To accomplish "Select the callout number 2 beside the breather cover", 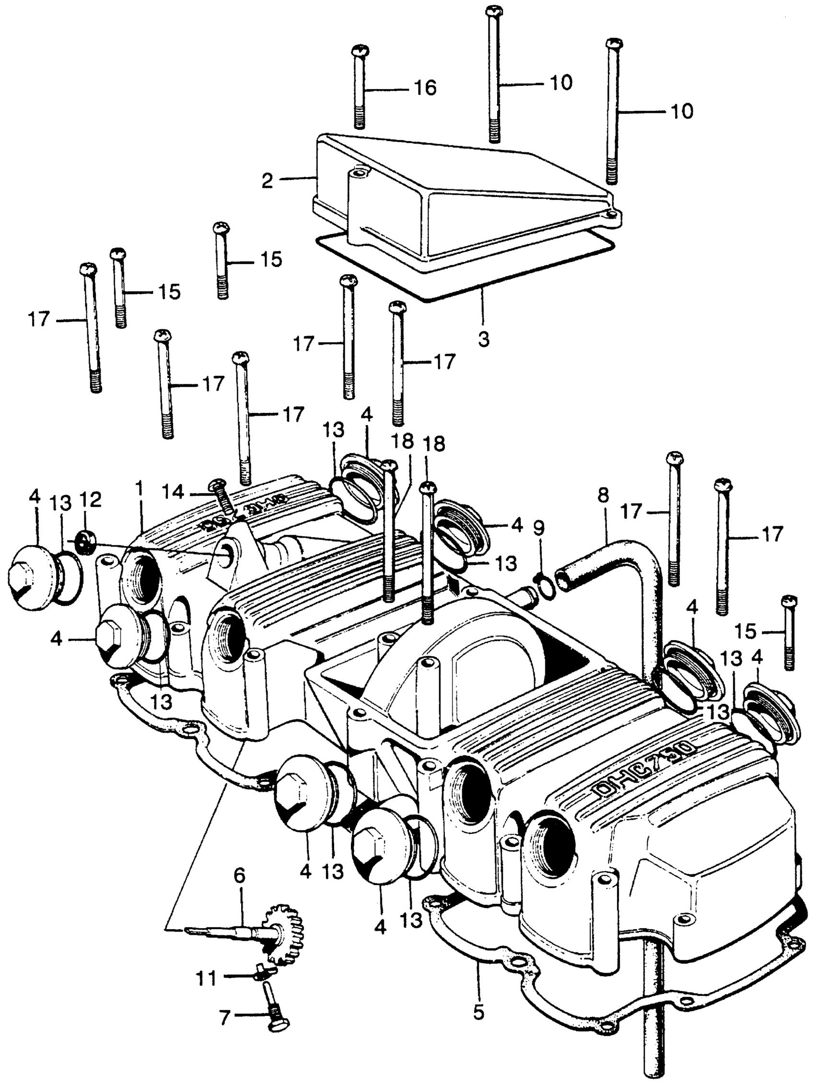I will coord(267,181).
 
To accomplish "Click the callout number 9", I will coord(538,528).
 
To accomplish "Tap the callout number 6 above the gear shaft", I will coord(239,875).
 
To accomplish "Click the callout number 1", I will coord(140,489).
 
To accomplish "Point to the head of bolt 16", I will coord(361,50).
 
